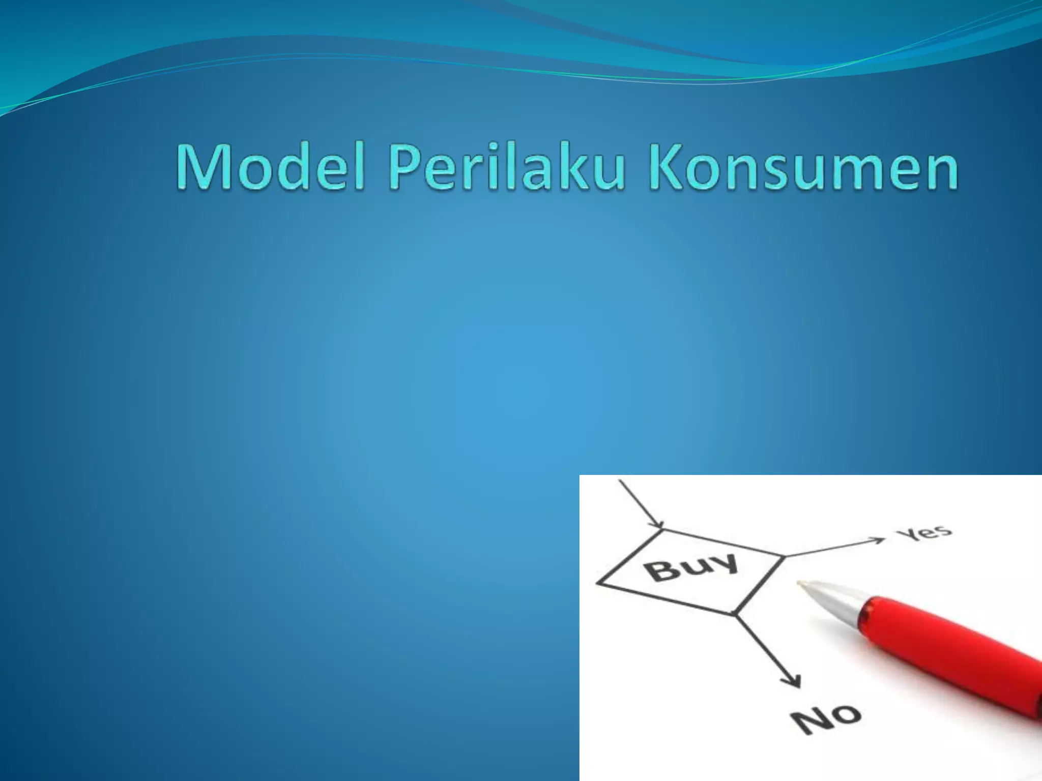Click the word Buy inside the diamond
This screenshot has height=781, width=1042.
692,567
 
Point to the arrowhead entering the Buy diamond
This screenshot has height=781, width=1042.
659,524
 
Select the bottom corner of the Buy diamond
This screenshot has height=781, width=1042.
734,614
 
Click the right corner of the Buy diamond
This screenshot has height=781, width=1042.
782,556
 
